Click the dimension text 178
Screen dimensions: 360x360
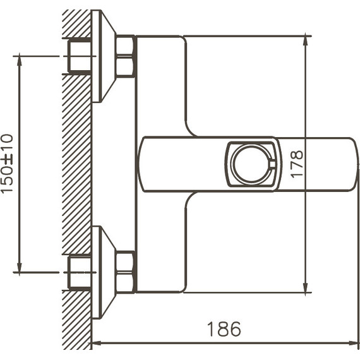pos(297,163)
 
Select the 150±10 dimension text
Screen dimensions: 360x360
pos(7,163)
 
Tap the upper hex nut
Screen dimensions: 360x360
pos(125,56)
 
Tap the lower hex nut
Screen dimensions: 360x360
pos(125,272)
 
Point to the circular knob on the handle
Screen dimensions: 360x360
pos(251,164)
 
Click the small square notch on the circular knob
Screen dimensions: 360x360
pos(272,166)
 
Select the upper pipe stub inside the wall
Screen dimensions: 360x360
pos(80,56)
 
